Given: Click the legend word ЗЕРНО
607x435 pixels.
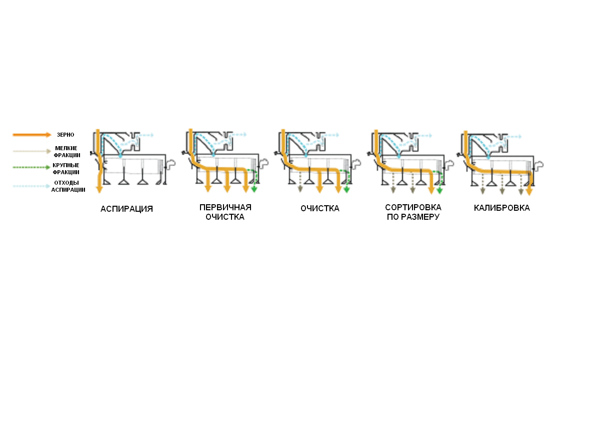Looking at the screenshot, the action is tap(65, 135).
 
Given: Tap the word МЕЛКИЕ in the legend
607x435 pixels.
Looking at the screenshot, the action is tap(66, 148).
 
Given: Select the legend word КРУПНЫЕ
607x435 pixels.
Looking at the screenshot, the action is tap(66, 165).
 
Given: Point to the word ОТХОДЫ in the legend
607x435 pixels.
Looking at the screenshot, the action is tap(66, 183).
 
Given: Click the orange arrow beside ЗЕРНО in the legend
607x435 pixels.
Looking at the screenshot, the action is tap(32, 135).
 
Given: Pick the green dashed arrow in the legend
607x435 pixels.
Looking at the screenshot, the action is tap(31, 167).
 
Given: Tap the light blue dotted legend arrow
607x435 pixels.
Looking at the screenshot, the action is tap(31, 186).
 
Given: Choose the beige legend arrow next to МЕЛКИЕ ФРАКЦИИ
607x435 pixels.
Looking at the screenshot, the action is tap(32, 151).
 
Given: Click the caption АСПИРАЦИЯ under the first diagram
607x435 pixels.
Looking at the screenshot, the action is tap(126, 209).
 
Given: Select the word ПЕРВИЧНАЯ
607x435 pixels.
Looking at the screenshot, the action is tap(225, 208).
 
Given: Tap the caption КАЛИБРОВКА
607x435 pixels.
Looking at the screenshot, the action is tap(501, 208).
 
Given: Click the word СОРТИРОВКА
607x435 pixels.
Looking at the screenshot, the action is tap(413, 208).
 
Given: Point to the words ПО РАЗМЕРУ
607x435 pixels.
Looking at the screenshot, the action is tap(413, 217).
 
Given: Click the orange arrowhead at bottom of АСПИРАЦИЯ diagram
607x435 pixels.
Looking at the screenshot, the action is tap(99, 189).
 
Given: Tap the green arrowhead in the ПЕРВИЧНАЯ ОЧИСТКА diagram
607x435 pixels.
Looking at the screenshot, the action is tap(254, 189).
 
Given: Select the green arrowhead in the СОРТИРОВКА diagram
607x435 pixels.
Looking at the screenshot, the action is tap(439, 191).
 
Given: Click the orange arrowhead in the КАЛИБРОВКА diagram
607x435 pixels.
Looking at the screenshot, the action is tap(529, 192).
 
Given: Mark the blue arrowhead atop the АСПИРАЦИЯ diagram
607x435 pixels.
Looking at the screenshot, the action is tap(152, 135).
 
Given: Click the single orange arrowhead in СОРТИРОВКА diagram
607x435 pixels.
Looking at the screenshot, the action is tap(431, 191).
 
